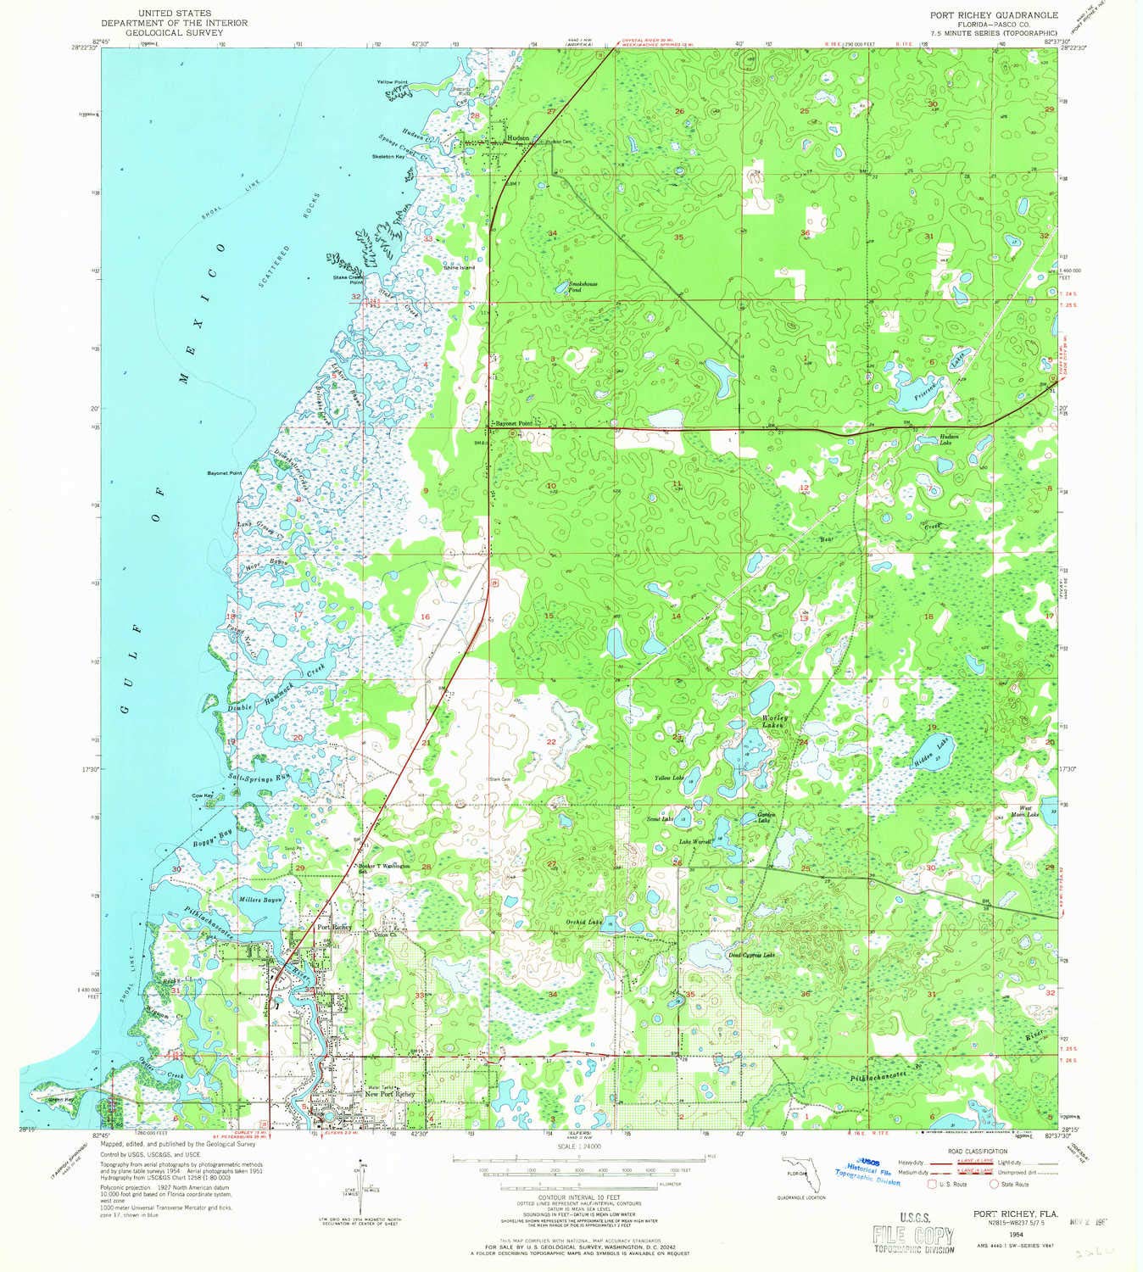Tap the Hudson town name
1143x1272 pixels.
[518, 137]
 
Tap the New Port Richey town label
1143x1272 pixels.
[390, 1094]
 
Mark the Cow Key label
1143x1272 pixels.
[202, 795]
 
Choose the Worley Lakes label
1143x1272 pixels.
[774, 722]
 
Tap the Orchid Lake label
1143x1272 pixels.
[584, 922]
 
